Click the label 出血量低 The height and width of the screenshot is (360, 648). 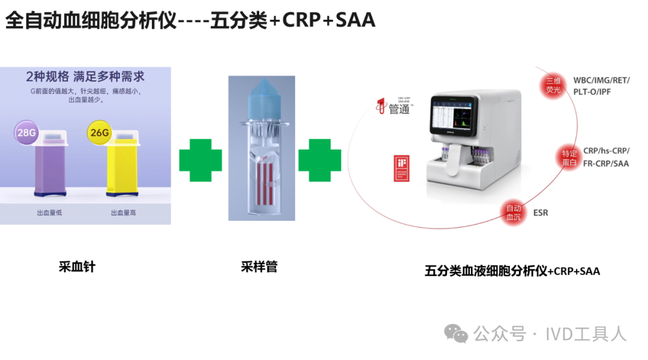[49, 213]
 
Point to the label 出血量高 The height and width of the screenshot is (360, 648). [123, 213]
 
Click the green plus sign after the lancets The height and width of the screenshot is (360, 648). [200, 160]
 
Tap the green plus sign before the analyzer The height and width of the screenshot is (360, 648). [320, 160]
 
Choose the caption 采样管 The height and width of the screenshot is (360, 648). [259, 266]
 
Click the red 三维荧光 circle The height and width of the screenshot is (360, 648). [553, 85]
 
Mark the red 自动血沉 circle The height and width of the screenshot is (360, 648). [514, 213]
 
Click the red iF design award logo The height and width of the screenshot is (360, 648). [401, 169]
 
